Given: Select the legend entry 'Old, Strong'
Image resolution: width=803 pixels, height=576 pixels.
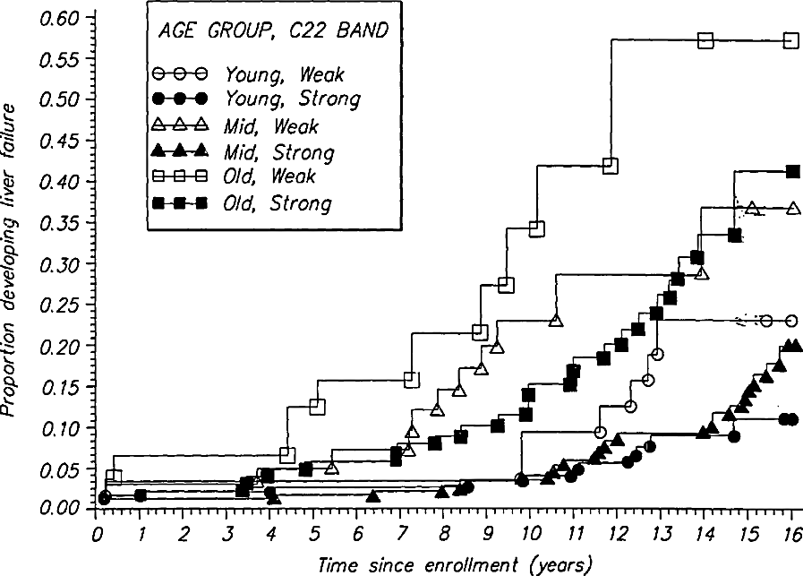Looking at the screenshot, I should (x=278, y=204).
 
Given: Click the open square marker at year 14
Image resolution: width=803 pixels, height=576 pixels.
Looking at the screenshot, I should (x=705, y=40).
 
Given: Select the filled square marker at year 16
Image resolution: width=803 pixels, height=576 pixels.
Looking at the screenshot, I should (x=792, y=171).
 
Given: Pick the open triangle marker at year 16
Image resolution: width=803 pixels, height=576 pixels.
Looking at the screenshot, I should (x=792, y=208).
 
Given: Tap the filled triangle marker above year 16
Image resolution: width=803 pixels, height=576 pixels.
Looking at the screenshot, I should (x=791, y=346).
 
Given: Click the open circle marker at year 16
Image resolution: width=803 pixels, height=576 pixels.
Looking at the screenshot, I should (x=792, y=321).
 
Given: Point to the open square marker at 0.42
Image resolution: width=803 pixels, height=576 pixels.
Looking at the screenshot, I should (x=611, y=165).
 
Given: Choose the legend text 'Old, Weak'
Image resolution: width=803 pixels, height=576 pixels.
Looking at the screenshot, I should (x=269, y=178).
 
